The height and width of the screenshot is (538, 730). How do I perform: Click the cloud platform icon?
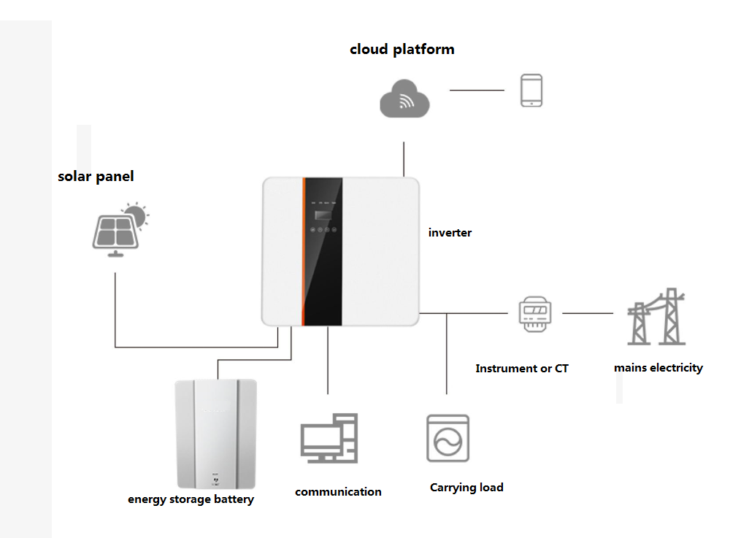[x=404, y=99]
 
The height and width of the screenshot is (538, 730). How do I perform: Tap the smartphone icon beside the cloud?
[x=531, y=91]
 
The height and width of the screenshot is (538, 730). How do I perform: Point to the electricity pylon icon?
[x=657, y=317]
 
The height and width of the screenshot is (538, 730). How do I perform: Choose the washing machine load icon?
[x=447, y=439]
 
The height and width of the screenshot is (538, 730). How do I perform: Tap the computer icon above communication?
[x=329, y=438]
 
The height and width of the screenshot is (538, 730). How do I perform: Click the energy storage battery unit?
[x=216, y=434]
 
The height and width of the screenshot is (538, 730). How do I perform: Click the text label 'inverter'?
[x=450, y=233]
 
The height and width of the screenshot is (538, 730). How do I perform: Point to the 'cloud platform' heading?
[x=401, y=50]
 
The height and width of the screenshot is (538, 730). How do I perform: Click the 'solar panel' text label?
[x=96, y=177]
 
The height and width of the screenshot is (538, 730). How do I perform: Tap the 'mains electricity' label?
[x=658, y=368]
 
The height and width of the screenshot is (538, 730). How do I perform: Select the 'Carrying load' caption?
[x=466, y=488]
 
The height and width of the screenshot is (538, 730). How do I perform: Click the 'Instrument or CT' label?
[x=521, y=369]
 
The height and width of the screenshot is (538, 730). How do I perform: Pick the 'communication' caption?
[x=338, y=492]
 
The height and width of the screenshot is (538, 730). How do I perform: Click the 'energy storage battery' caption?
[x=191, y=500]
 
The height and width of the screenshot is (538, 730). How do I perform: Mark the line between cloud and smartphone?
[x=477, y=91]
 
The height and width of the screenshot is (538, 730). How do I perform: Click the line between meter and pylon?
[x=588, y=313]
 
